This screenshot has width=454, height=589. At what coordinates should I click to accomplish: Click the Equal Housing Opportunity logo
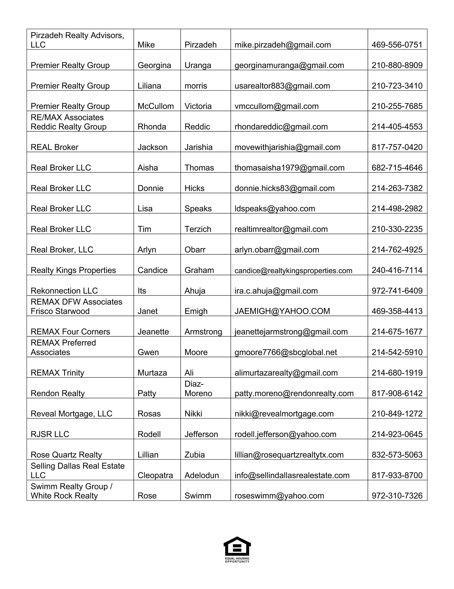237,549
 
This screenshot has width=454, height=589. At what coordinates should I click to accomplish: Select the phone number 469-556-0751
397,45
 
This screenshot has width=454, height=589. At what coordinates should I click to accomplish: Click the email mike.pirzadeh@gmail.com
283,45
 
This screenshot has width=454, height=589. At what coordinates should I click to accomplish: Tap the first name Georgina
154,65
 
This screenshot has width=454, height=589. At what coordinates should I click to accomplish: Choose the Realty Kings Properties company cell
73,270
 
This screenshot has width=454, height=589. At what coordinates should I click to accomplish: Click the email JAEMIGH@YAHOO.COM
282,311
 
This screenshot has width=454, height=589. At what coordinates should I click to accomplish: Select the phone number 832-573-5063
397,455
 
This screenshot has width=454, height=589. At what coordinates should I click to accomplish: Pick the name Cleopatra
155,475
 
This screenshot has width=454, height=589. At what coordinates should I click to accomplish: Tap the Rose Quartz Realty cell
66,455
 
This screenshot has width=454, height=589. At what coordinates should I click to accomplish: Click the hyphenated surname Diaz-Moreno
198,389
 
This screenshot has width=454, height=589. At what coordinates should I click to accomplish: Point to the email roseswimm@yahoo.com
279,496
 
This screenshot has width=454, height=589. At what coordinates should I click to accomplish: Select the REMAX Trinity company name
57,373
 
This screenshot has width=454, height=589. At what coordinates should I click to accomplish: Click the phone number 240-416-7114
397,270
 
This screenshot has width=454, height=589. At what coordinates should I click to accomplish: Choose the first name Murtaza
152,373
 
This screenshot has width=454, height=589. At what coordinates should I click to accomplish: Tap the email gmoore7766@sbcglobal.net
286,352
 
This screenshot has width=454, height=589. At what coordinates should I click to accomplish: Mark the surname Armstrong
203,332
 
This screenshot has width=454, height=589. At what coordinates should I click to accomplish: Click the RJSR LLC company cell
50,434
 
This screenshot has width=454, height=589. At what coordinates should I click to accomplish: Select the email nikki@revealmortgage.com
284,414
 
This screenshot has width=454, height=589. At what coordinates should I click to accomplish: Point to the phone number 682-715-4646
397,168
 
